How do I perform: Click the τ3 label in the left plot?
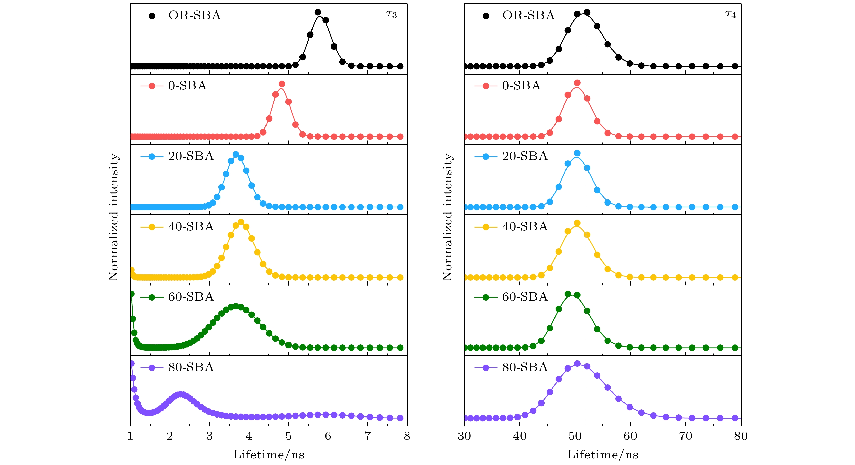(x=392, y=15)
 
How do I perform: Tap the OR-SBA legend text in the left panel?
(x=194, y=15)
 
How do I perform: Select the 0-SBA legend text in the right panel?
(x=521, y=86)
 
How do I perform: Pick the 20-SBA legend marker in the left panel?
(x=152, y=157)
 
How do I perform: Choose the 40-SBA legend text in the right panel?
(x=525, y=226)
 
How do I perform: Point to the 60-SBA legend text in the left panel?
(x=191, y=297)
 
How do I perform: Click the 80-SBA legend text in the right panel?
(x=525, y=367)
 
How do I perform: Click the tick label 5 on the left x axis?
(x=288, y=436)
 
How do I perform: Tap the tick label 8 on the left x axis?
(x=407, y=436)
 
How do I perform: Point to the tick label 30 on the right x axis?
(x=464, y=436)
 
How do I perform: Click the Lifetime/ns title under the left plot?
(x=269, y=454)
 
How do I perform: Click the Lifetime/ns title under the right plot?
(x=603, y=454)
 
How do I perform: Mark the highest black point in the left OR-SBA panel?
(x=318, y=13)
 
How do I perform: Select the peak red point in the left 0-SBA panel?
(x=282, y=84)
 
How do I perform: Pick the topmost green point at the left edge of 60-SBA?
(x=132, y=294)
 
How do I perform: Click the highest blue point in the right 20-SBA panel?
(x=577, y=153)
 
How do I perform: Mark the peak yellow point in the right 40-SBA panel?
(x=577, y=223)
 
